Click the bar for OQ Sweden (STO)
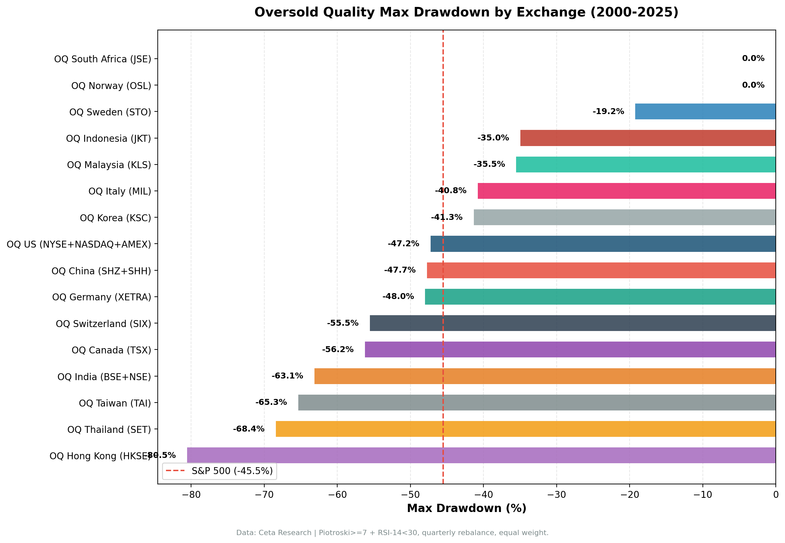pyautogui.click(x=705, y=111)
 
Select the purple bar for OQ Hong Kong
pyautogui.click(x=481, y=455)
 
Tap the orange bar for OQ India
pyautogui.click(x=545, y=376)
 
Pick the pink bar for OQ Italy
pyautogui.click(x=626, y=191)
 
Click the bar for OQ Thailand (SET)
pyautogui.click(x=525, y=429)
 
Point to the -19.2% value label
pyautogui.click(x=608, y=111)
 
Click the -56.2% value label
pyautogui.click(x=337, y=349)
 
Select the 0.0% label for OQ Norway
pyautogui.click(x=753, y=85)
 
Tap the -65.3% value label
pyautogui.click(x=271, y=402)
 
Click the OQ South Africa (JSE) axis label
pyautogui.click(x=103, y=59)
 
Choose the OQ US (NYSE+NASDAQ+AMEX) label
pyautogui.click(x=79, y=244)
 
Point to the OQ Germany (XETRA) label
pyautogui.click(x=101, y=297)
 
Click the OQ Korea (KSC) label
pyautogui.click(x=115, y=218)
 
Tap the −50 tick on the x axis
pyautogui.click(x=410, y=494)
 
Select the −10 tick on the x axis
pyautogui.click(x=702, y=494)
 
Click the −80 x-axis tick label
pyautogui.click(x=191, y=494)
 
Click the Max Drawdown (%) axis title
pyautogui.click(x=466, y=508)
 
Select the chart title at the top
pyautogui.click(x=466, y=12)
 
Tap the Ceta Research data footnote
pyautogui.click(x=392, y=533)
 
